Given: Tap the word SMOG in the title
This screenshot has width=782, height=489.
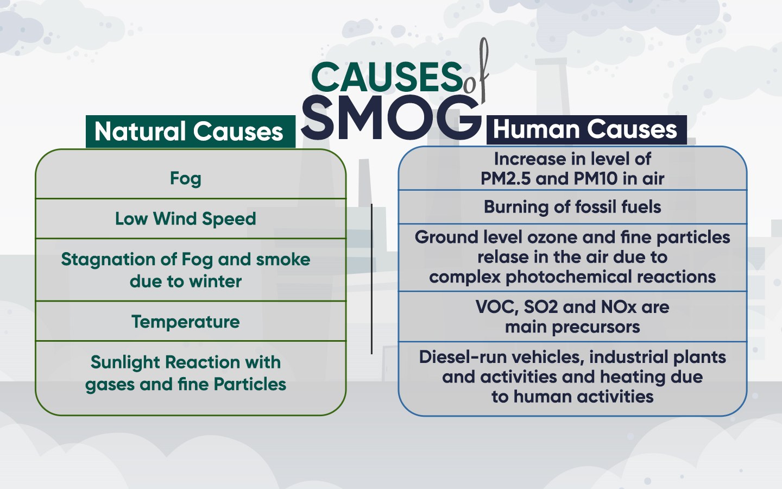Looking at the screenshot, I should point(391,117).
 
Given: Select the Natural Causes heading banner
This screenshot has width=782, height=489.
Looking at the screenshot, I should point(190,132).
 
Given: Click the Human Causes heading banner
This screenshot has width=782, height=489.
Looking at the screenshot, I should point(585,130).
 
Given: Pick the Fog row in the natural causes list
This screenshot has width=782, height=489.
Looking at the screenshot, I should point(186,178).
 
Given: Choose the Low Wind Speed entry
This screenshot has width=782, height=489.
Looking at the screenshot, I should point(186,219).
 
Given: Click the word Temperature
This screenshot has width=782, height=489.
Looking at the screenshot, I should point(186,322).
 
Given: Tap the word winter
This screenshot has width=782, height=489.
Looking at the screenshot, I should point(216,281).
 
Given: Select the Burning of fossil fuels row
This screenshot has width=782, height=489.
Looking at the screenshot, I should point(572,207).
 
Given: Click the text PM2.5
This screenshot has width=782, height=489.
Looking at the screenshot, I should point(505,179).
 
